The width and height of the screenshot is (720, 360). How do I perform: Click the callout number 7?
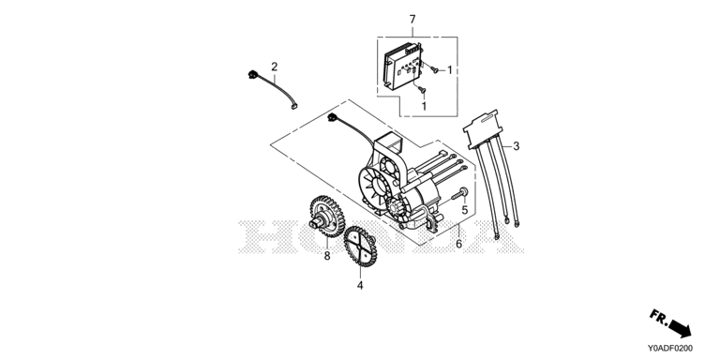(412, 20)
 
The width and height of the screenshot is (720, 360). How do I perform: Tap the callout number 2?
(274, 67)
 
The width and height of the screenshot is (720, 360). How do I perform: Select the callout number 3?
(517, 146)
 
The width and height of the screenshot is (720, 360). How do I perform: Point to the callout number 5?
(464, 210)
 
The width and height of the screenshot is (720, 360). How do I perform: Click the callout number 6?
(458, 245)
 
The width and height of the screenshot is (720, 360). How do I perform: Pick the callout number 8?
(327, 256)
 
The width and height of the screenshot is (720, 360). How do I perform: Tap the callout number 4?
(360, 286)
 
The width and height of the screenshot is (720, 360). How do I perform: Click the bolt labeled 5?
(459, 193)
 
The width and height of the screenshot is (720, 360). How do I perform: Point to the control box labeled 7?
(402, 67)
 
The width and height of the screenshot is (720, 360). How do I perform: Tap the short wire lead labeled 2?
(273, 89)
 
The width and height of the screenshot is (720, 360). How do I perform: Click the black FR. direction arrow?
(681, 328)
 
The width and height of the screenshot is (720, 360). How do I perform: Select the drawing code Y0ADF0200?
(670, 349)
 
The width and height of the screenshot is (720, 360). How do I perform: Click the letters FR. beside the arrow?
(658, 317)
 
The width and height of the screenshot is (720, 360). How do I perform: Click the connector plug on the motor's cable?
(332, 117)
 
